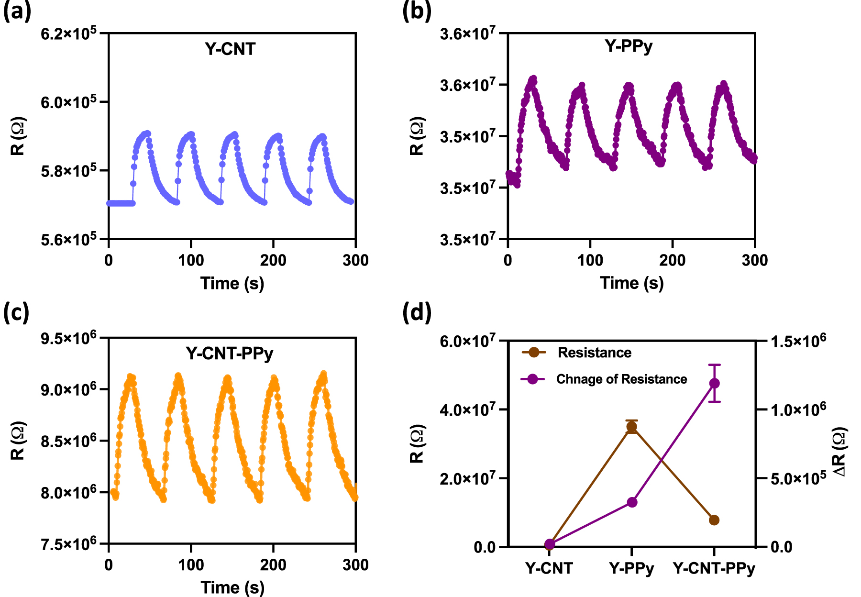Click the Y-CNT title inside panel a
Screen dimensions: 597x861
coord(230,49)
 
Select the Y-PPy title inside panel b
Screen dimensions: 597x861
coord(629,46)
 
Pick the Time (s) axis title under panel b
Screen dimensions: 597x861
coord(631,283)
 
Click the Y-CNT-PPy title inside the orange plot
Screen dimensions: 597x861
coord(230,354)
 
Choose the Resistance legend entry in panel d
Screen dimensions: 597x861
coord(594,353)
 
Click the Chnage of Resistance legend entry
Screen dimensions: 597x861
coord(621,379)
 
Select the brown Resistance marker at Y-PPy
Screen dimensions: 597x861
coord(631,427)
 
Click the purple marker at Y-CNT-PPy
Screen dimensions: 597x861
coord(714,383)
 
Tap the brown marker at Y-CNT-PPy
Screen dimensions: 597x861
coord(714,520)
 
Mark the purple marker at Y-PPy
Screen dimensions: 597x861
coord(631,502)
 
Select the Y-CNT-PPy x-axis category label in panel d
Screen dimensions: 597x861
coord(714,569)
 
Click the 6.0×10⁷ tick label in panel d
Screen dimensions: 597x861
coord(467,341)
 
